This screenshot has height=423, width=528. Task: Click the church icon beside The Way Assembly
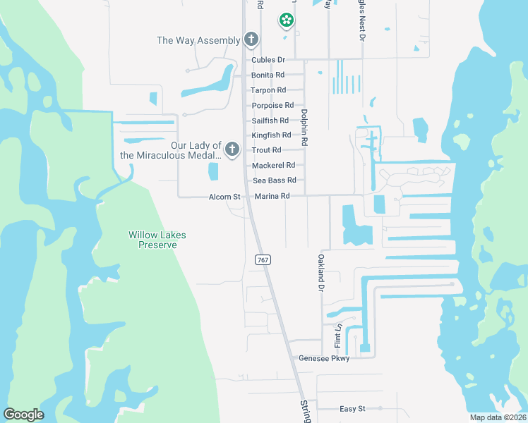tap(251, 39)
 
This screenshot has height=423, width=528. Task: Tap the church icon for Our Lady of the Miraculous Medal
tap(231, 149)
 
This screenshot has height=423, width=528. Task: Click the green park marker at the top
tap(287, 21)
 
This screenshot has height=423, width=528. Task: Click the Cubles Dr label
tap(268, 60)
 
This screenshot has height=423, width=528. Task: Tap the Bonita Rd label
tap(268, 75)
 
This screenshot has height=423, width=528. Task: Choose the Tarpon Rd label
tap(268, 90)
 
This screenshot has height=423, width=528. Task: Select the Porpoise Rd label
tap(272, 105)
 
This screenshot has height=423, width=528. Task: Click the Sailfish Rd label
tap(270, 121)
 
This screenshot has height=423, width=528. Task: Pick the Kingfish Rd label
tap(271, 135)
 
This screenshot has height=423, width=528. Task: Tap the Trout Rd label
tap(266, 150)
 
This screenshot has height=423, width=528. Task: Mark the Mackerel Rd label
tap(273, 166)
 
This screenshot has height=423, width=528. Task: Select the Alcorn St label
tap(224, 197)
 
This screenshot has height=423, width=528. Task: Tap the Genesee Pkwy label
tap(324, 358)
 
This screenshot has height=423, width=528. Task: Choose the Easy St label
tap(352, 408)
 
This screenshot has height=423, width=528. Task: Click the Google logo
tap(24, 415)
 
